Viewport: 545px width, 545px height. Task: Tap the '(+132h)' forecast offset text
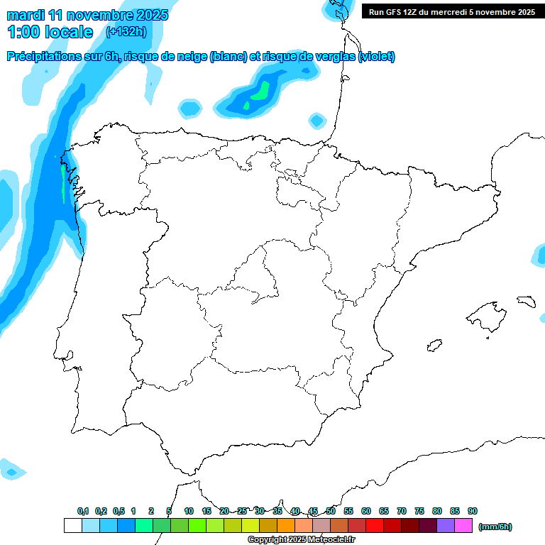pyautogui.click(x=126, y=31)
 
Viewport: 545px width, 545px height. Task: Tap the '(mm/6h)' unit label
pyautogui.click(x=495, y=527)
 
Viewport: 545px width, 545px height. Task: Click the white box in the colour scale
pyautogui.click(x=72, y=526)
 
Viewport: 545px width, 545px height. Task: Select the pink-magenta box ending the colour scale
pyautogui.click(x=463, y=526)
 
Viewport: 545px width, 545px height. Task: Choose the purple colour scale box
pyautogui.click(x=446, y=526)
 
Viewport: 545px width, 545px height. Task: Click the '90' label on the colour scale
pyautogui.click(x=473, y=511)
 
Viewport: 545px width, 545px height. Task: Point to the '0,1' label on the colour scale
pyautogui.click(x=82, y=511)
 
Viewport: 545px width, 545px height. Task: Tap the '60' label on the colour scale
pyautogui.click(x=366, y=511)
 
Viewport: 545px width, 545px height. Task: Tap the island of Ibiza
pyautogui.click(x=433, y=346)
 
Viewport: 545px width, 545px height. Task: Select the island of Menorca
pyautogui.click(x=526, y=301)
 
